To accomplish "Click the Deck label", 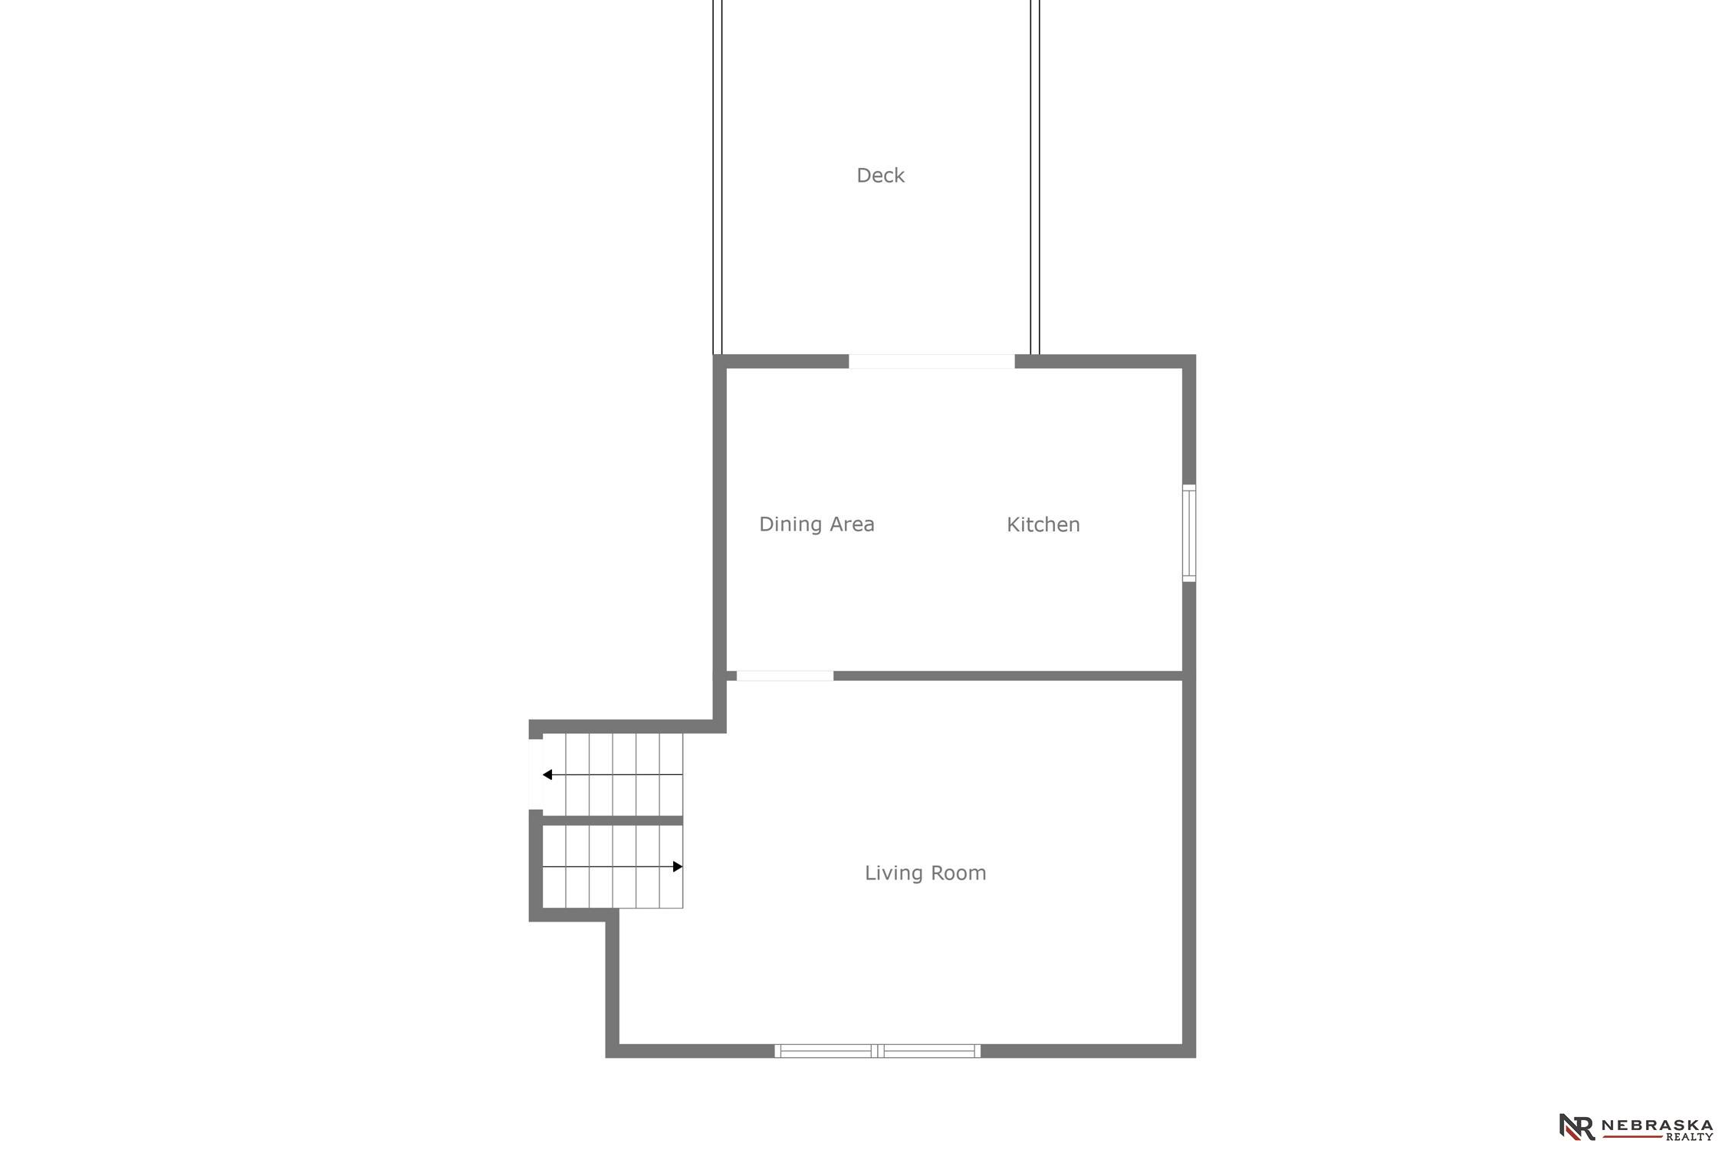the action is click(x=880, y=176).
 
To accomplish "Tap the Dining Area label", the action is click(x=816, y=524).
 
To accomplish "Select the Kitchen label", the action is click(x=1043, y=524).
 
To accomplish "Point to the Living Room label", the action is click(x=925, y=872).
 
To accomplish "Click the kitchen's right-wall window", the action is click(x=1189, y=533).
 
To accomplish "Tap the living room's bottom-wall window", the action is click(x=878, y=1050).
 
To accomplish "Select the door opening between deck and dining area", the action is click(x=932, y=361).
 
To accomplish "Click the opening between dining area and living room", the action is click(x=785, y=675).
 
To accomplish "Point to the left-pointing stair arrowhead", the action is click(x=547, y=774).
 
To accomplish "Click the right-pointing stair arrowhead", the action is click(x=678, y=866).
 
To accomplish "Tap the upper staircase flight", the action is click(x=613, y=774).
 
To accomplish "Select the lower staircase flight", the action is click(x=613, y=866).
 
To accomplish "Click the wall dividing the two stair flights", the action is click(x=613, y=820).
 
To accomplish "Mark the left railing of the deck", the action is click(x=718, y=177).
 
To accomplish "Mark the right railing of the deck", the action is click(x=1035, y=177).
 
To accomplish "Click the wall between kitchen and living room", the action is click(x=1008, y=675).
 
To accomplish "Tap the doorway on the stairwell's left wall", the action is click(x=536, y=774).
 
